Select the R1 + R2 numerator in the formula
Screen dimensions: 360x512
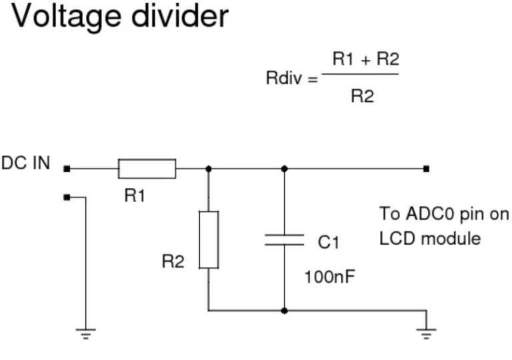[x=365, y=59]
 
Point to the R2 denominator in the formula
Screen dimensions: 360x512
[x=362, y=96]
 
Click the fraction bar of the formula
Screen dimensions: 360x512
[x=360, y=73]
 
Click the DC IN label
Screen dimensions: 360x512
[x=26, y=163]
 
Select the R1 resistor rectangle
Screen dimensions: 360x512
[x=147, y=169]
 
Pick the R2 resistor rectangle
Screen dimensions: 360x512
[x=209, y=239]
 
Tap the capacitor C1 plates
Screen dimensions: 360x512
[x=284, y=239]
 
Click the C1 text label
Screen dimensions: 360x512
[x=328, y=243]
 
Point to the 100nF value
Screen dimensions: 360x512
[x=329, y=276]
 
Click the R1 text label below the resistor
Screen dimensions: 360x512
[x=135, y=196]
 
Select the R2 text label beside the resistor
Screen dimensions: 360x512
[x=173, y=262]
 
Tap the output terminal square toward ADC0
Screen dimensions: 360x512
[x=426, y=169]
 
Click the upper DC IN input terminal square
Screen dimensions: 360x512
[x=67, y=169]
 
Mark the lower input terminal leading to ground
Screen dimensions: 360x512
[x=67, y=197]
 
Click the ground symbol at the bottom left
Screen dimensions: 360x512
[x=85, y=333]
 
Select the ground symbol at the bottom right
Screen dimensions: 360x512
[x=426, y=333]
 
